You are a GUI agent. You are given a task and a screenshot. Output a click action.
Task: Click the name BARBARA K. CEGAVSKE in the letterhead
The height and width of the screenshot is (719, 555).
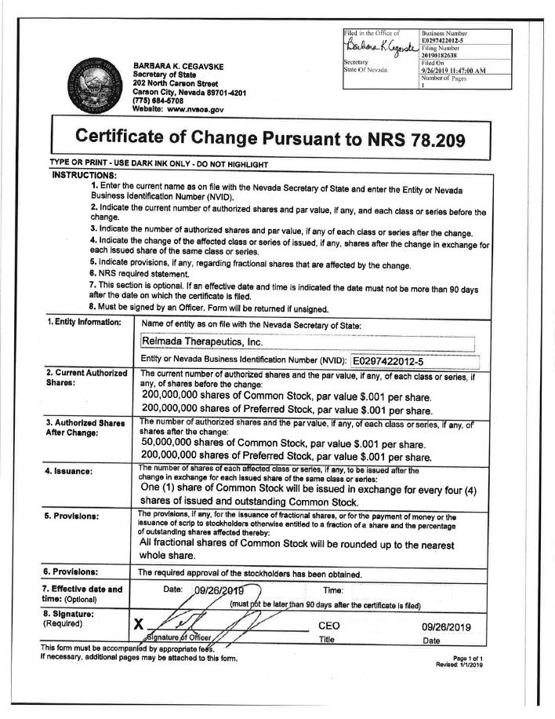click(x=179, y=65)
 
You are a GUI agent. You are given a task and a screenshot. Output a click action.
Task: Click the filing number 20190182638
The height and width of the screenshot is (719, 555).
click(x=444, y=56)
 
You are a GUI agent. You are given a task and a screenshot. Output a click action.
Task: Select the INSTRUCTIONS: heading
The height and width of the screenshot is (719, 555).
click(x=84, y=174)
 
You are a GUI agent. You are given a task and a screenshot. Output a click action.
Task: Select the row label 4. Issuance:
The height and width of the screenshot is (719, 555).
click(x=69, y=472)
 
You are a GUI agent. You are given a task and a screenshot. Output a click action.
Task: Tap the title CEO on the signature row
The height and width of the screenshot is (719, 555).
click(x=328, y=626)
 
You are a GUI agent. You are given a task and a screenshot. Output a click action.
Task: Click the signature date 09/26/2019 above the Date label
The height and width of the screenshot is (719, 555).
click(x=445, y=626)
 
